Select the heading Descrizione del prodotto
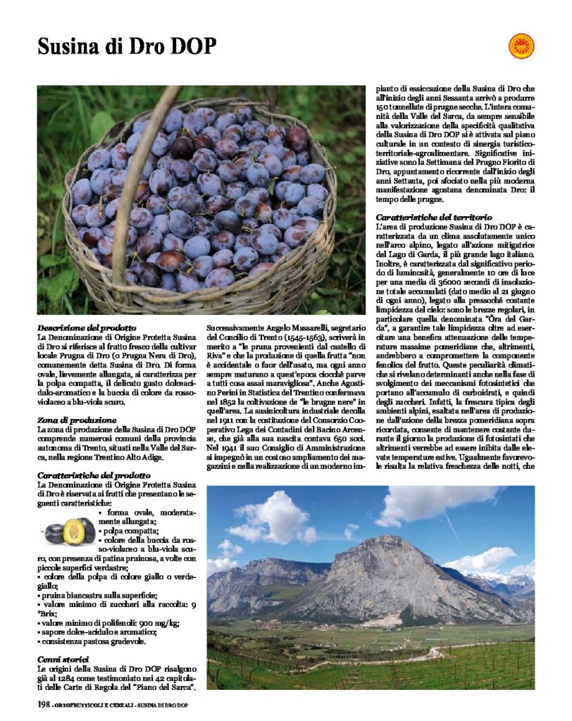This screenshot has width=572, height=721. (87, 328)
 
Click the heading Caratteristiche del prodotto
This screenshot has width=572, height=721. (94, 475)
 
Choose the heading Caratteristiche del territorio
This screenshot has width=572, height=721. (434, 218)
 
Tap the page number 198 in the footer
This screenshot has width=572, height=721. (45, 704)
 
